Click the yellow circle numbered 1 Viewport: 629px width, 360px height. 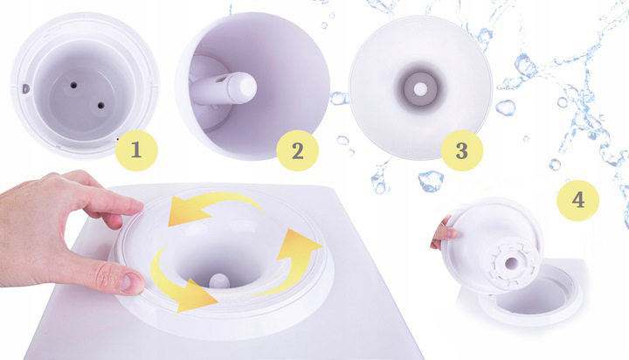coord(136,150)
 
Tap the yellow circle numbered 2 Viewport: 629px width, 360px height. coord(298,151)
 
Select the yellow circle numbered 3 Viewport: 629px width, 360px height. coord(462,151)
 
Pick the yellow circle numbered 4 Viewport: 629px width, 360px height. coord(578,200)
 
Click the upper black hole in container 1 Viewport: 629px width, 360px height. coord(73,85)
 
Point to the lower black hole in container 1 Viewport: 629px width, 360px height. coord(100,106)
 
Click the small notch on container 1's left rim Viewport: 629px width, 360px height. coord(26,88)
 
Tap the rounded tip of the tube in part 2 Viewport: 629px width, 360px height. coord(247,87)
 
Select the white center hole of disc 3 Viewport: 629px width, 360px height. coord(420,89)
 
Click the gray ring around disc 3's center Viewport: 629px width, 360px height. coord(420,89)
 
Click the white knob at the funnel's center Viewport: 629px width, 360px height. coord(219,280)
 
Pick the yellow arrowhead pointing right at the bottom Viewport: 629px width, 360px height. coord(197,296)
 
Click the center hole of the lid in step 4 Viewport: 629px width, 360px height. coord(512,263)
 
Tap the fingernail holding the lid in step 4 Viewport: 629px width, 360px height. coord(451,232)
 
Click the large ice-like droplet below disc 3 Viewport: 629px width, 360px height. coord(431,181)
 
